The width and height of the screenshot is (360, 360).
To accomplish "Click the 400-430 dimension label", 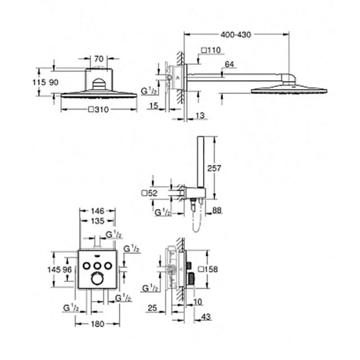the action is [236, 35].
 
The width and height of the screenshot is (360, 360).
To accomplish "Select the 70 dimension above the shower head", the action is [99, 59].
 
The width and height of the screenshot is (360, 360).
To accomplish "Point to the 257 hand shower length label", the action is [214, 168].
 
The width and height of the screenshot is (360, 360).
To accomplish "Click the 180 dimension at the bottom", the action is [98, 324].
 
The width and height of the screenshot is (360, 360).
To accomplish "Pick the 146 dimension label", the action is [98, 211].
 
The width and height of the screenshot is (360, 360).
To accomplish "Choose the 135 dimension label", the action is [98, 221].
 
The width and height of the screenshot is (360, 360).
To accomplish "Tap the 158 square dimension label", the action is [208, 269].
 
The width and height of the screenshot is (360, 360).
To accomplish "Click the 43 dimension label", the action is [206, 317].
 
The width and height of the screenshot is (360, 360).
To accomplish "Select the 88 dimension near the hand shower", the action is [217, 210].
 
